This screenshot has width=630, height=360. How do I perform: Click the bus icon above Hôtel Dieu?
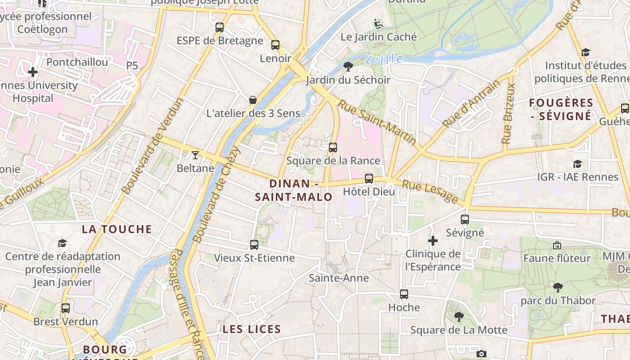369,179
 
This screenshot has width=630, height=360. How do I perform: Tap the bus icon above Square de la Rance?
333,148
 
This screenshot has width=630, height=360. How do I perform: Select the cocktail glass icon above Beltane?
195,155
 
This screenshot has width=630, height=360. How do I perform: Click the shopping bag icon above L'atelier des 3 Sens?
253,99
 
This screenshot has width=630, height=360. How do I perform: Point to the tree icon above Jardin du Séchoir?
348,67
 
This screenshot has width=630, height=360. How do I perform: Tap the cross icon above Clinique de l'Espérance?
433,241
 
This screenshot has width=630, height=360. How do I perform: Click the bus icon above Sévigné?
465,220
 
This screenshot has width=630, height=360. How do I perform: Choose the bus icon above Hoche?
404,294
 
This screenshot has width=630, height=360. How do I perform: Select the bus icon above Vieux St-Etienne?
254,245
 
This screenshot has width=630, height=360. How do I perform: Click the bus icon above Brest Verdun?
66,308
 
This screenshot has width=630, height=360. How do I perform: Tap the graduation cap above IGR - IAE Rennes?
577,164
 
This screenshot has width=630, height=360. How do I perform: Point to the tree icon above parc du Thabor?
558,287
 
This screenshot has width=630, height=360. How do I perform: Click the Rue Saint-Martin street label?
377,122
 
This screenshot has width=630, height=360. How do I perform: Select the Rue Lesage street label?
430,191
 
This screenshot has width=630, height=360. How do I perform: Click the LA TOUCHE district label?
117,229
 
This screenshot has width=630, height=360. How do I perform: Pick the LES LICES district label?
252,329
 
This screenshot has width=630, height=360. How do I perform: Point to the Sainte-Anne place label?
339,278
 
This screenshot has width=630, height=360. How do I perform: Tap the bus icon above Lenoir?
275,45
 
